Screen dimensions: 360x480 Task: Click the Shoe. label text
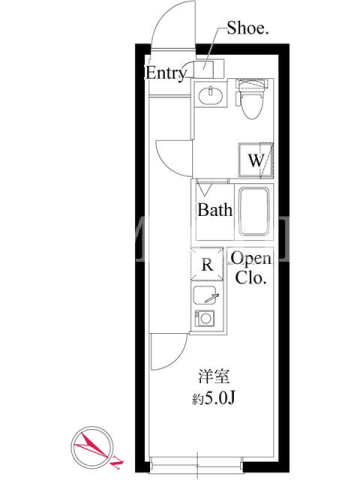[248, 28]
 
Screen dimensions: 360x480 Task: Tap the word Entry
[166, 73]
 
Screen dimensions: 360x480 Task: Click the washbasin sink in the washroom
[211, 95]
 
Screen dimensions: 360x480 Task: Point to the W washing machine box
[256, 160]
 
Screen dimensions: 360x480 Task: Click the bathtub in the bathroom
[254, 211]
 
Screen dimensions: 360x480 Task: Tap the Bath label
[215, 210]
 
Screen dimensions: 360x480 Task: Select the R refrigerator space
[207, 264]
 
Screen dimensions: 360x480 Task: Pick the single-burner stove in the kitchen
[205, 319]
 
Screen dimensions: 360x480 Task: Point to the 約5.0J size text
[214, 398]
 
